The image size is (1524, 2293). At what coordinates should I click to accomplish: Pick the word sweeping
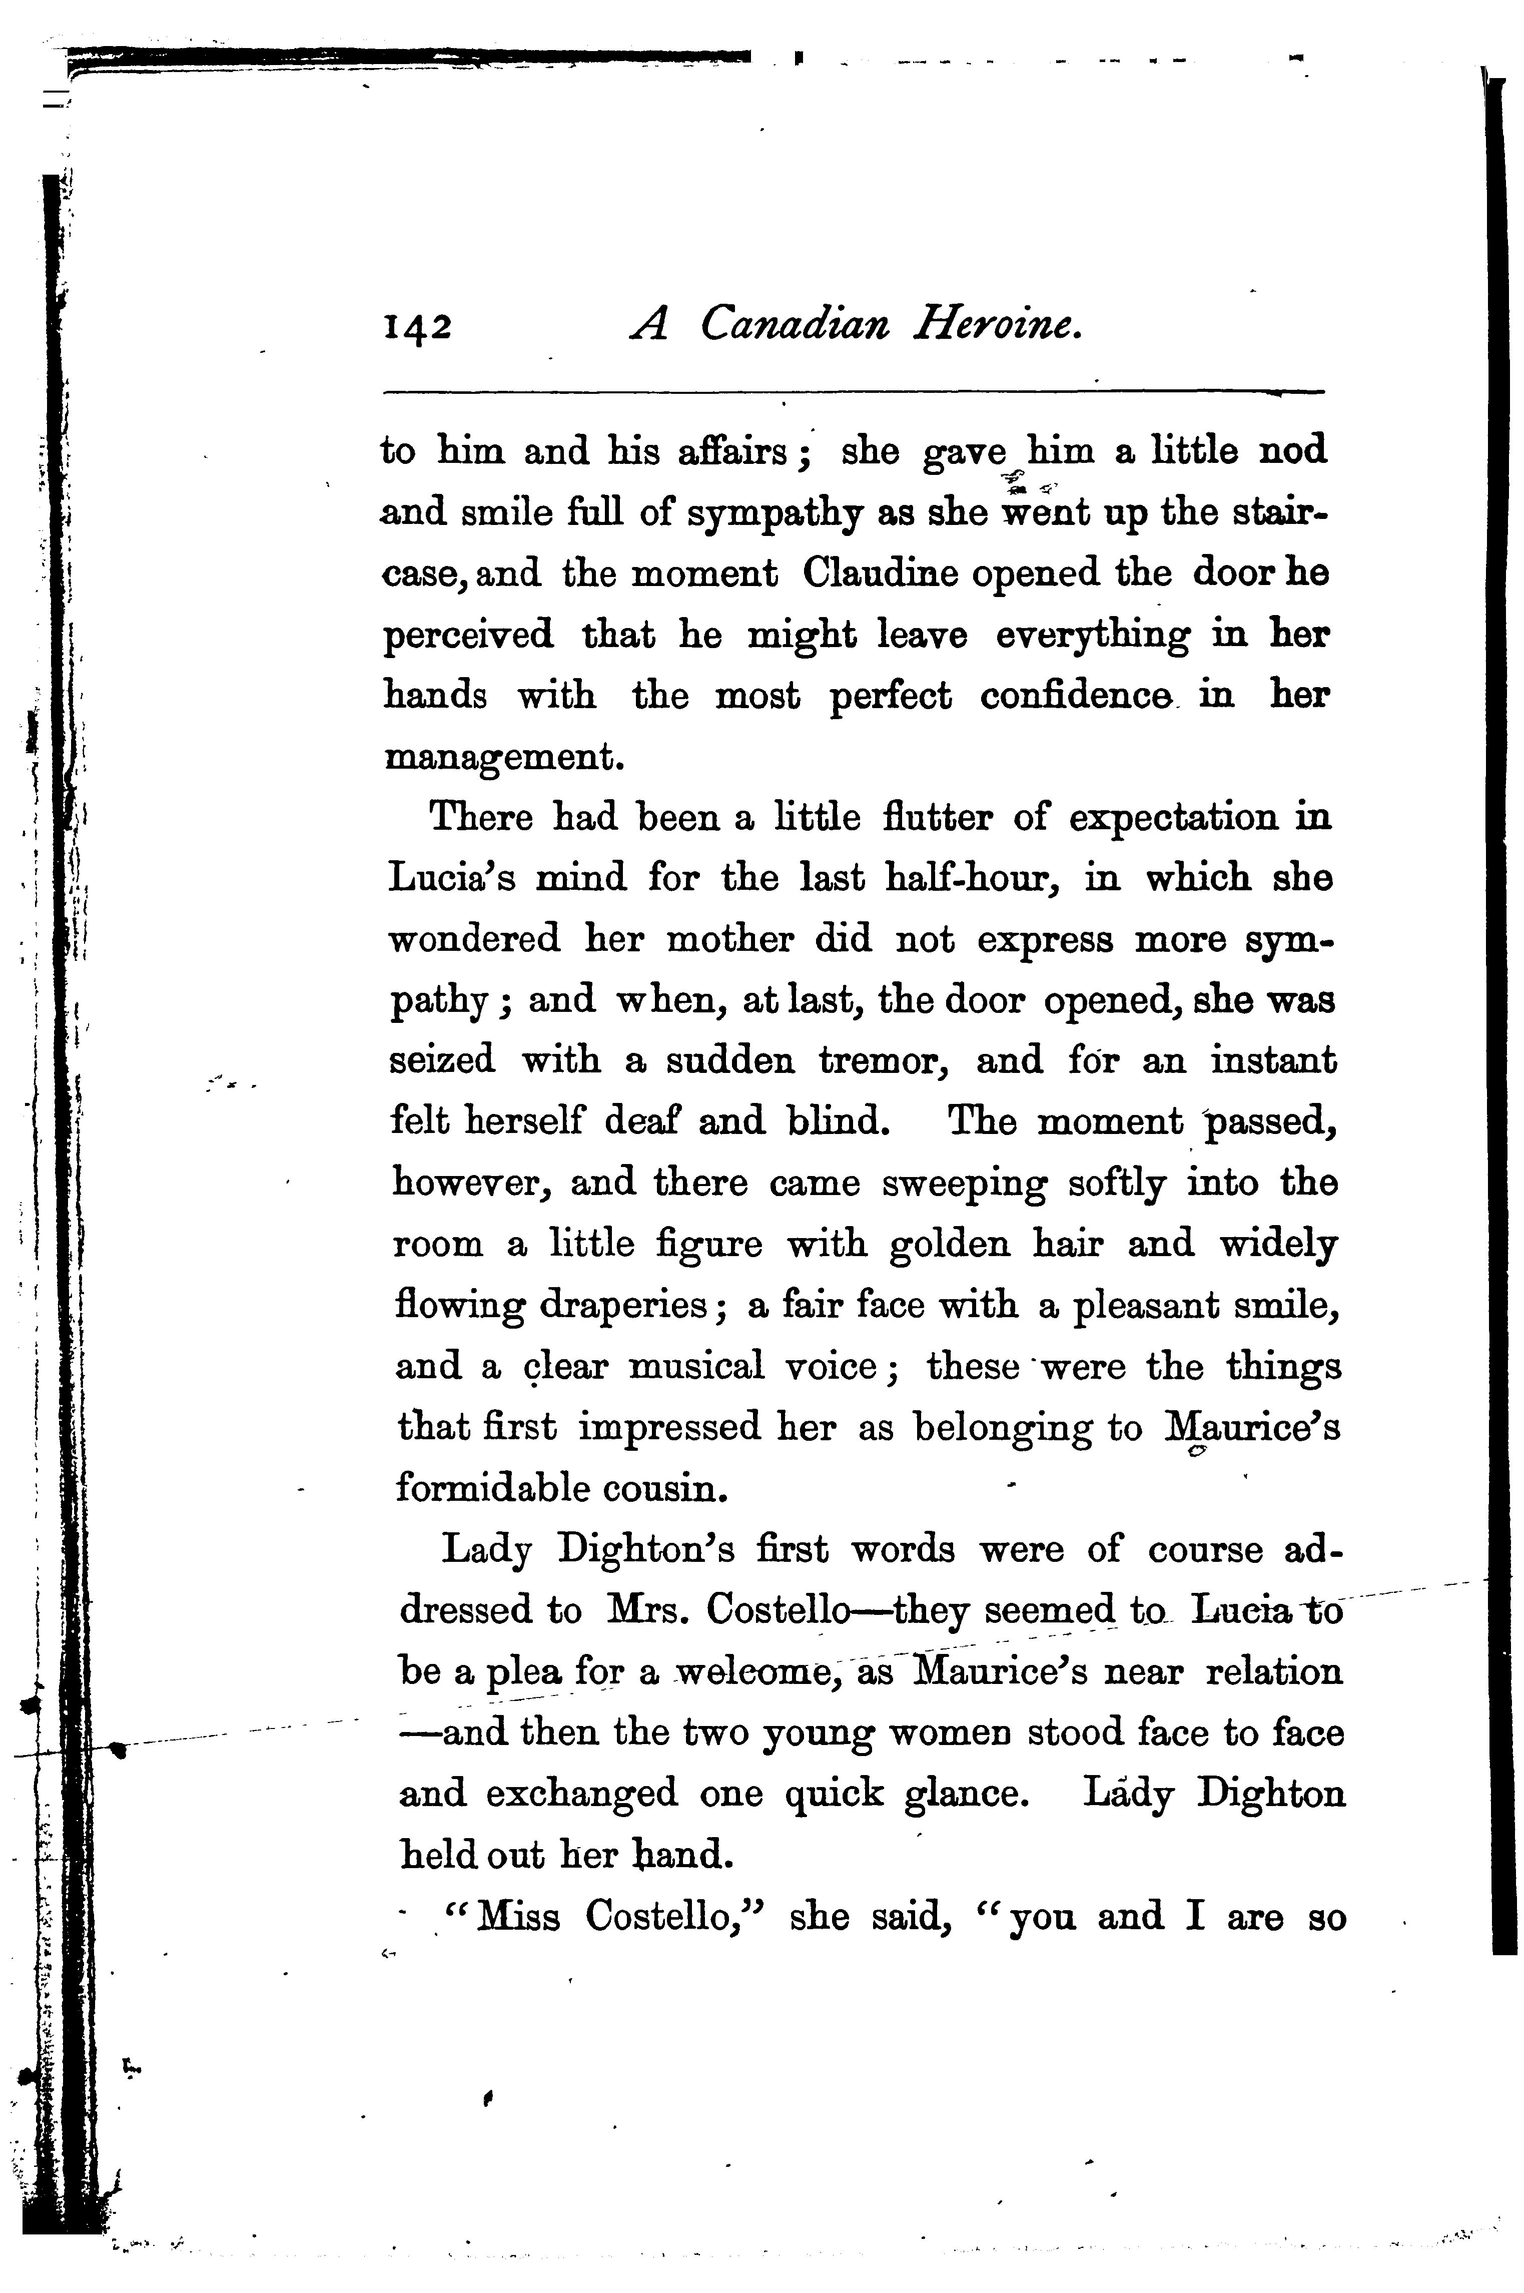pos(964,1183)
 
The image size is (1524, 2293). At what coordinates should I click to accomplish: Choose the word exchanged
pos(581,1794)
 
